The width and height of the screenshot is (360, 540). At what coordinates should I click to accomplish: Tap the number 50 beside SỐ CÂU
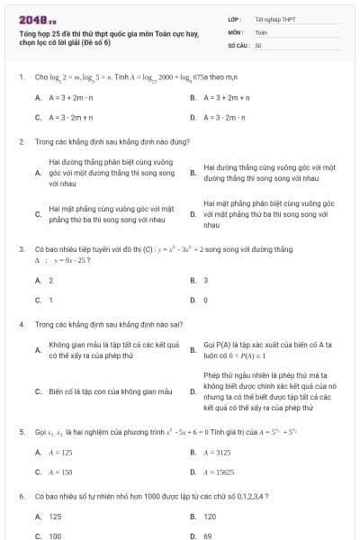[x=258, y=44]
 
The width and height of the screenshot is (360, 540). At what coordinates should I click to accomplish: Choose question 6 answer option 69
[x=208, y=535]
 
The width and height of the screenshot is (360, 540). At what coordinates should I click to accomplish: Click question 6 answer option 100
[x=55, y=535]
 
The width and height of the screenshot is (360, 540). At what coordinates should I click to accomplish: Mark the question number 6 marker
[x=21, y=496]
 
